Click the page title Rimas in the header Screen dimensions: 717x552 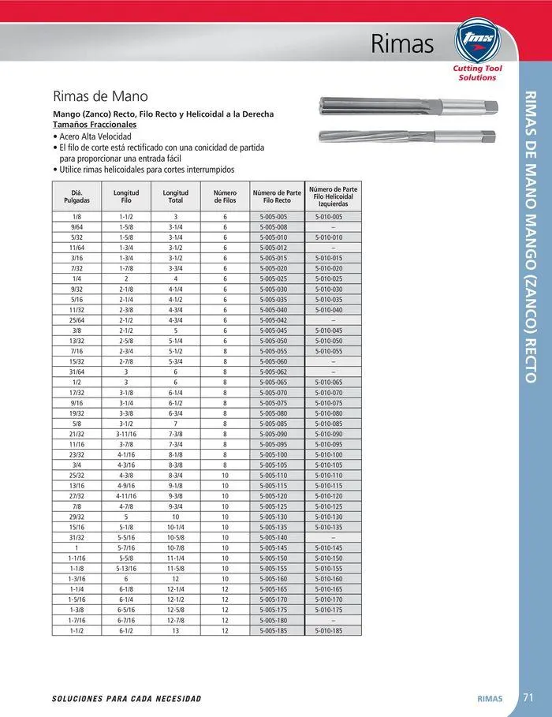[402, 44]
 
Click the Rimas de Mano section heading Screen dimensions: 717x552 [100, 97]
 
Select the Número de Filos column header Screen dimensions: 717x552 [225, 196]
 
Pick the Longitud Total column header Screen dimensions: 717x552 [176, 196]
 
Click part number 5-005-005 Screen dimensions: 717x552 [274, 216]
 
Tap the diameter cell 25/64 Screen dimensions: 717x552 [77, 319]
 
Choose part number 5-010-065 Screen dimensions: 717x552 [329, 382]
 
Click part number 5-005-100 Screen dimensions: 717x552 [274, 454]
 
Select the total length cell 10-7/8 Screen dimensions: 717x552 [176, 547]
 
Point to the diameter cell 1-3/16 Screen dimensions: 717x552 [77, 578]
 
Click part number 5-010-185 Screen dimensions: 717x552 [329, 630]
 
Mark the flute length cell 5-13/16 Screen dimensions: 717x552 [126, 568]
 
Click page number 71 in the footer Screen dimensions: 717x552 [529, 697]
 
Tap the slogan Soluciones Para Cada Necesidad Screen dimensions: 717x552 [126, 699]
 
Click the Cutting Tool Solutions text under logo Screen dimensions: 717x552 [478, 73]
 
